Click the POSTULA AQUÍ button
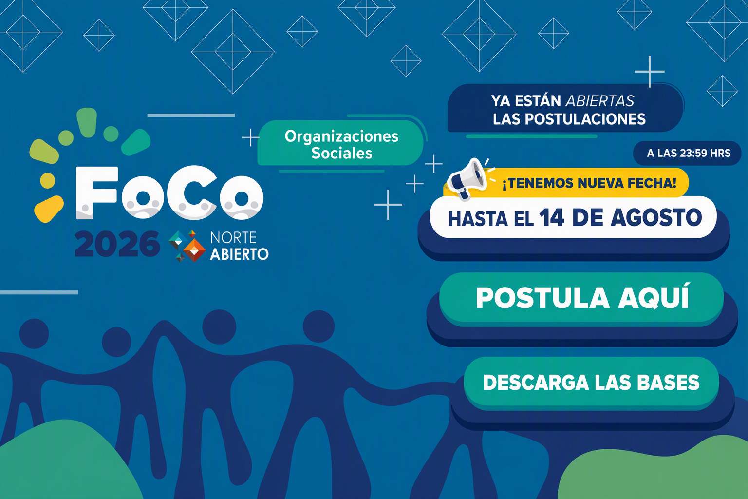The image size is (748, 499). tap(581, 298)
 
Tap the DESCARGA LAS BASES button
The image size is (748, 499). tap(591, 383)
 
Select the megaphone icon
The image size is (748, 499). tap(467, 179)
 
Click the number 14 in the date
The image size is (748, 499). tap(551, 217)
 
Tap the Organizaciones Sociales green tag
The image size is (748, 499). tap(341, 144)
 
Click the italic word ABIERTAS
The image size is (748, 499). tap(600, 101)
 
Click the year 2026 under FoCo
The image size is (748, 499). tap(117, 244)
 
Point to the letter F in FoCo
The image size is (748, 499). tap(97, 192)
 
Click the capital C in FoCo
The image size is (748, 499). tap(192, 192)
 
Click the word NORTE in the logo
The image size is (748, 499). tap(233, 238)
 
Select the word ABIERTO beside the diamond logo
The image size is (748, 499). tap(239, 254)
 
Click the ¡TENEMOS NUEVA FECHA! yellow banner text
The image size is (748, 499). tap(589, 183)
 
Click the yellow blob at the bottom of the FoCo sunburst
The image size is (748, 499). tap(49, 209)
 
